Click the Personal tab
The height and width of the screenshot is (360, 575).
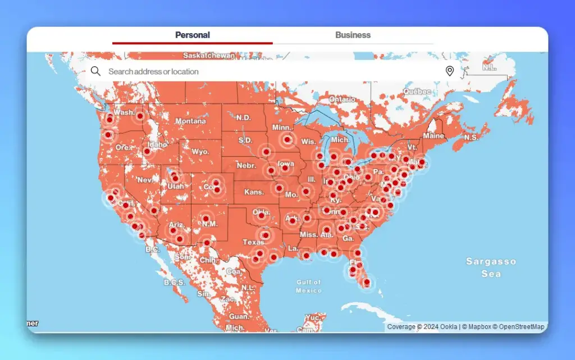point(192,35)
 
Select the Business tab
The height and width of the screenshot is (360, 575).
point(353,35)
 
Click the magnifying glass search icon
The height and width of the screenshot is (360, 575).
point(96,71)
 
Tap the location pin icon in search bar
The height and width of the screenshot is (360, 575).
point(449,71)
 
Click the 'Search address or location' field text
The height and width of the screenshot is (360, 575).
point(153,72)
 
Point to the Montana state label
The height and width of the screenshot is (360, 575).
point(190,121)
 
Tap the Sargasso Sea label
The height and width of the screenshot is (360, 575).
point(491,267)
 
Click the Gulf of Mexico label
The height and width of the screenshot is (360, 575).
point(309,286)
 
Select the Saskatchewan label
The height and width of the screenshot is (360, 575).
point(209,56)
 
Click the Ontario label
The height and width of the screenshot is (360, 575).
point(342,99)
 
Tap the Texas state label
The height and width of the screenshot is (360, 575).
point(253,242)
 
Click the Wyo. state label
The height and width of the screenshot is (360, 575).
point(200,152)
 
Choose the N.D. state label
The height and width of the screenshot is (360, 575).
point(243,118)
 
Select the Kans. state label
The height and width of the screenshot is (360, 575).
point(254,192)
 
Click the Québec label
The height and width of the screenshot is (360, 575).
point(417,92)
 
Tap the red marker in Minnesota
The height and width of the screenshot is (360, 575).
point(287,139)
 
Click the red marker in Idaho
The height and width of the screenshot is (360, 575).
point(147,151)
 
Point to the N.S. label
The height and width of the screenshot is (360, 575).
point(471,137)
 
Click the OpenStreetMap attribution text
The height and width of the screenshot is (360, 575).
point(522,327)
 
